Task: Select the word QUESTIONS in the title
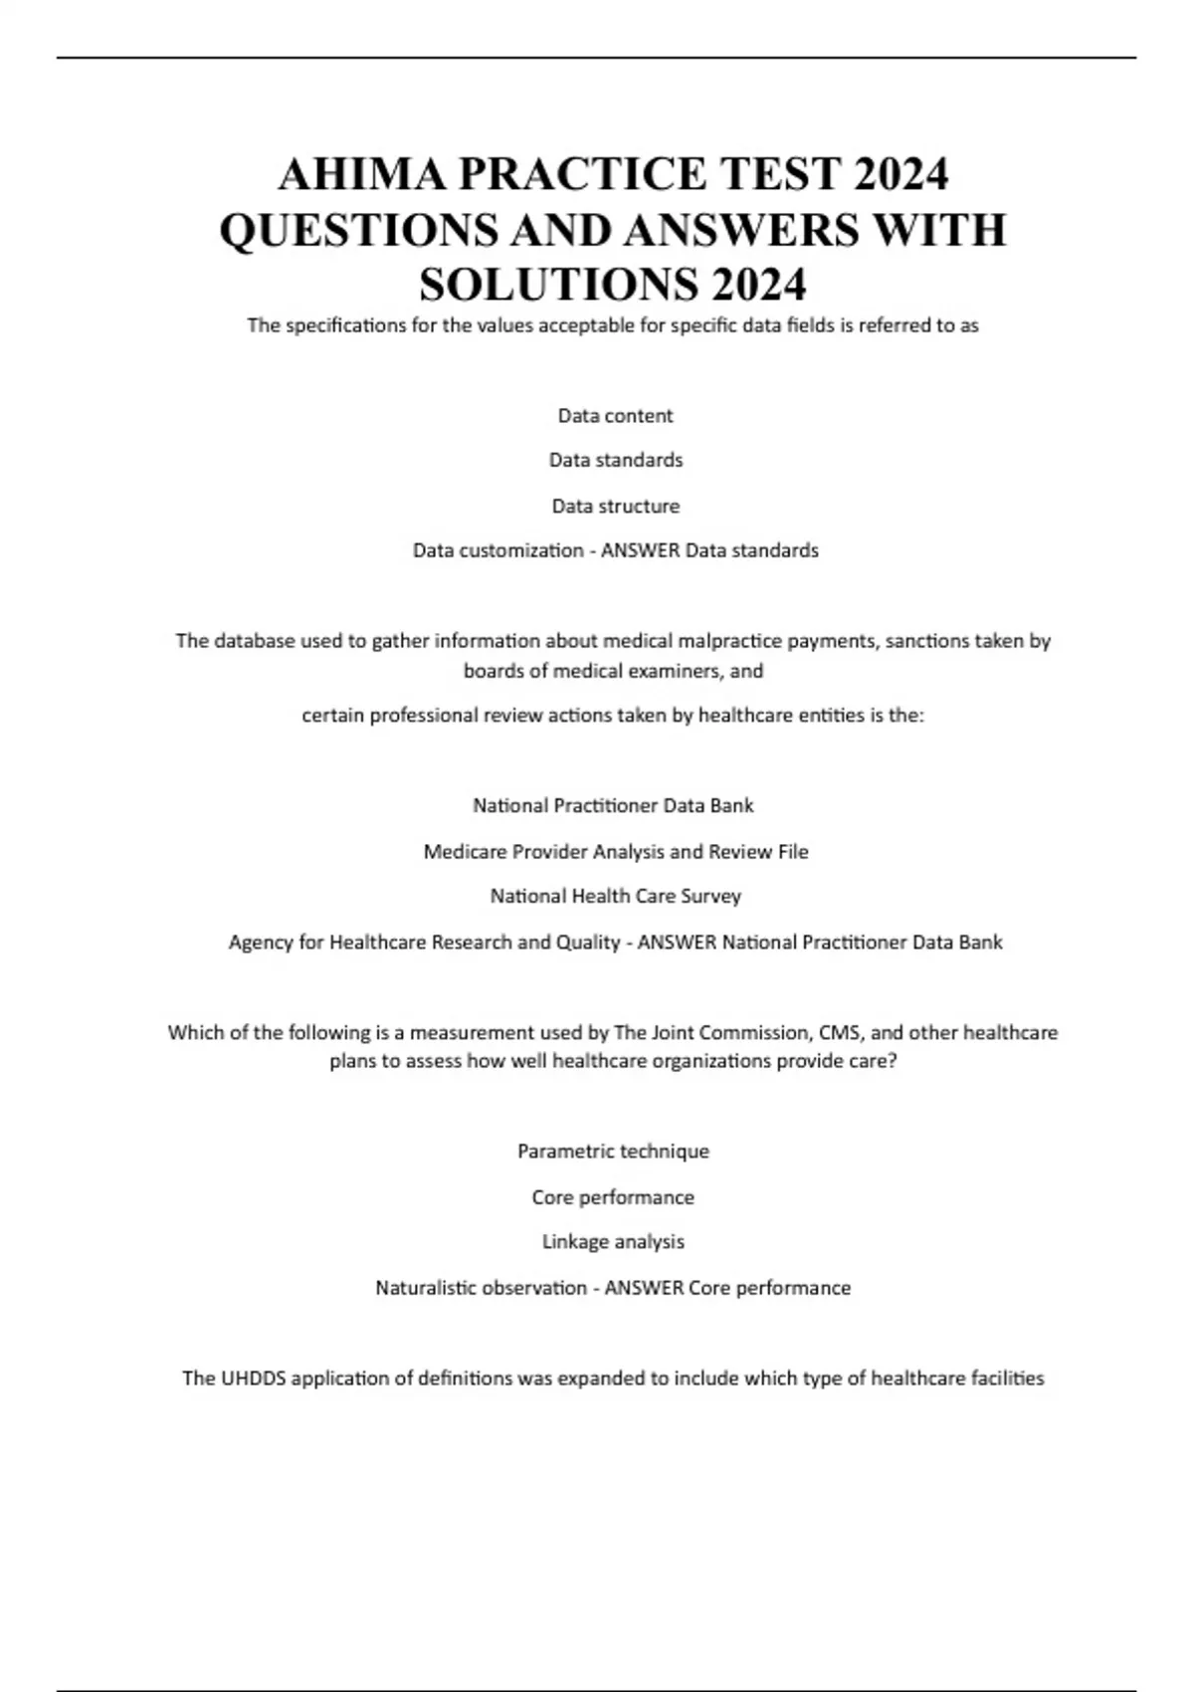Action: (x=358, y=231)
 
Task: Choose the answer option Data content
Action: (x=615, y=416)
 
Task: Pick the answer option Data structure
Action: (x=615, y=506)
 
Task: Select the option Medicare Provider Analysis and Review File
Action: (x=615, y=852)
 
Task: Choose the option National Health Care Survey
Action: (x=615, y=896)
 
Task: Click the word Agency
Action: (x=260, y=943)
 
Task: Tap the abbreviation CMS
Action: (x=840, y=1032)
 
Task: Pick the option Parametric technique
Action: (x=613, y=1152)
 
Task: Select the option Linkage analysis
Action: (x=613, y=1241)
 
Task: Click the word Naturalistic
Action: (x=430, y=1288)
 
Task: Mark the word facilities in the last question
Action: (x=1006, y=1378)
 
